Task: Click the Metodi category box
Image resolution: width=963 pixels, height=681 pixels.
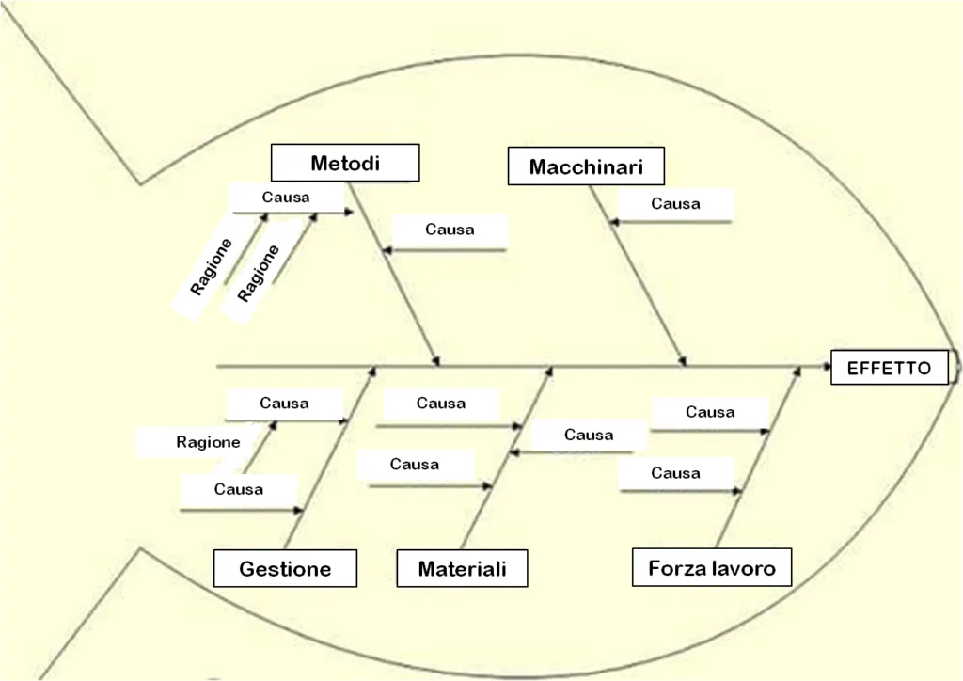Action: pyautogui.click(x=345, y=163)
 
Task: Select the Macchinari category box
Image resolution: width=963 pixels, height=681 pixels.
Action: pyautogui.click(x=586, y=167)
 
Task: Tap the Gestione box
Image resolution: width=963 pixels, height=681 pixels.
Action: pyautogui.click(x=285, y=568)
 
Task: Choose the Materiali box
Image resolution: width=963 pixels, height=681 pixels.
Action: pyautogui.click(x=462, y=568)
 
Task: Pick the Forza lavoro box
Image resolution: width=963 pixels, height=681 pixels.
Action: pyautogui.click(x=712, y=567)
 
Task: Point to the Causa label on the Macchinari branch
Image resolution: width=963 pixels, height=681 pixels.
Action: pyautogui.click(x=675, y=203)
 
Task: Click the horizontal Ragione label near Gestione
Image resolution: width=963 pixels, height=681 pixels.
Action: pyautogui.click(x=208, y=442)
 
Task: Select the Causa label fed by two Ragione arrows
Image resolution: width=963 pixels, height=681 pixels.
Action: pyautogui.click(x=286, y=198)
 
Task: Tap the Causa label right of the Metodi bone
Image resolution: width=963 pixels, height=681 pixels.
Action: pyautogui.click(x=450, y=230)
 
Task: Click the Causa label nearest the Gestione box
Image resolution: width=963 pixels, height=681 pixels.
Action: pyautogui.click(x=239, y=489)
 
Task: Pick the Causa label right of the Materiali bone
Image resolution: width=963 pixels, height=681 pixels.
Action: pyautogui.click(x=589, y=435)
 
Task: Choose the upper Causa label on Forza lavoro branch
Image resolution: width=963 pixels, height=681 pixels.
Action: pyautogui.click(x=710, y=412)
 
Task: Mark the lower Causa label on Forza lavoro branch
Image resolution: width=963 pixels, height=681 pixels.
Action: pyautogui.click(x=675, y=473)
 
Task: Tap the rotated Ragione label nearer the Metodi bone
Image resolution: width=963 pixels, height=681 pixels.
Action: pyautogui.click(x=258, y=273)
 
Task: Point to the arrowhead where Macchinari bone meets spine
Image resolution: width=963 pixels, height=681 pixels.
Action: pyautogui.click(x=684, y=360)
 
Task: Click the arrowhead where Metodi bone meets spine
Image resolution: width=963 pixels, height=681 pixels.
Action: pyautogui.click(x=436, y=360)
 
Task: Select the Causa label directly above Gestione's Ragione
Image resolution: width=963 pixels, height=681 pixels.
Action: pyautogui.click(x=284, y=404)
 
